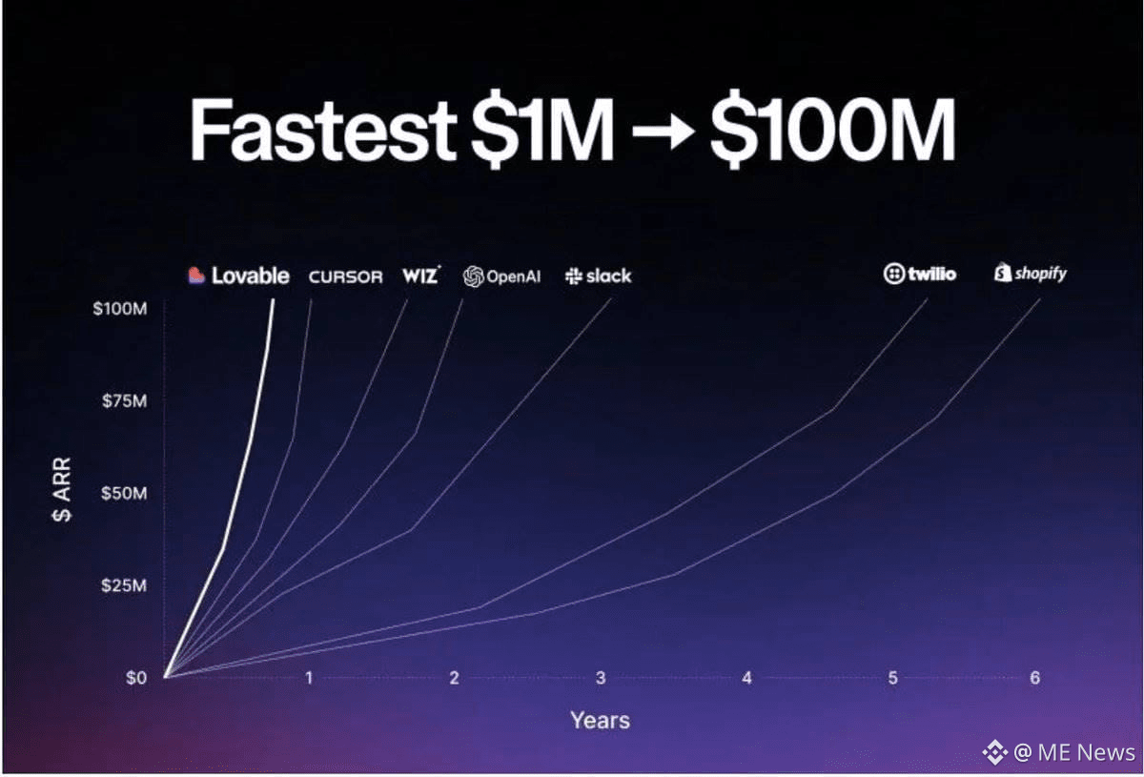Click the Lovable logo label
coord(238,276)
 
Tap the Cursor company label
coord(346,276)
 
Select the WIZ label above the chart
coord(421,275)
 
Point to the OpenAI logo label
coord(501,276)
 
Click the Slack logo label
coord(598,276)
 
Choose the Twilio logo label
coord(920,274)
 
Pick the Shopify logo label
coord(1031,274)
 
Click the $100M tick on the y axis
coord(120,309)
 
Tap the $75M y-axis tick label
coord(124,401)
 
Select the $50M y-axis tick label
coord(124,494)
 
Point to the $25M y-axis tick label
coord(124,585)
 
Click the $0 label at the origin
coord(136,678)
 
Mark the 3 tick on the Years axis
coord(601,678)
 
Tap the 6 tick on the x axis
coord(1034,678)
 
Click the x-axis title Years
coord(600,721)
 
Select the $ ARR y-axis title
coord(62,489)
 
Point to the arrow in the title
coord(663,131)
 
